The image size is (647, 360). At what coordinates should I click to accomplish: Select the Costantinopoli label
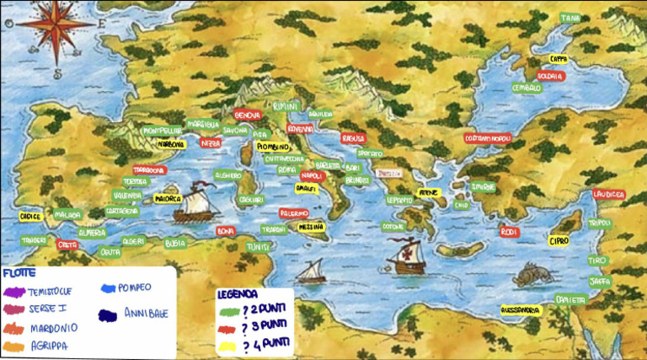click(x=488, y=138)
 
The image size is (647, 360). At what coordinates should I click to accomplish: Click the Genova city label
click(x=247, y=115)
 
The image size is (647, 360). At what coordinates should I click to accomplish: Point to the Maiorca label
click(x=168, y=199)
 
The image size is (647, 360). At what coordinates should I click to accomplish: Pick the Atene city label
click(x=430, y=192)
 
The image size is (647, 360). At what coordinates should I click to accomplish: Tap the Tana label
click(x=570, y=18)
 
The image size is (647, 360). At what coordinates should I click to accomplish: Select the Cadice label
click(x=31, y=217)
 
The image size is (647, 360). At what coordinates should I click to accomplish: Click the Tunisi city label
click(x=257, y=247)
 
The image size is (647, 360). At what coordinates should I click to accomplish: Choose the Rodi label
click(x=508, y=231)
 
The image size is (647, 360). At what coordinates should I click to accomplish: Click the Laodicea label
click(x=608, y=194)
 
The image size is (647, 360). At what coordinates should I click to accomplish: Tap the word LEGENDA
click(x=238, y=296)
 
